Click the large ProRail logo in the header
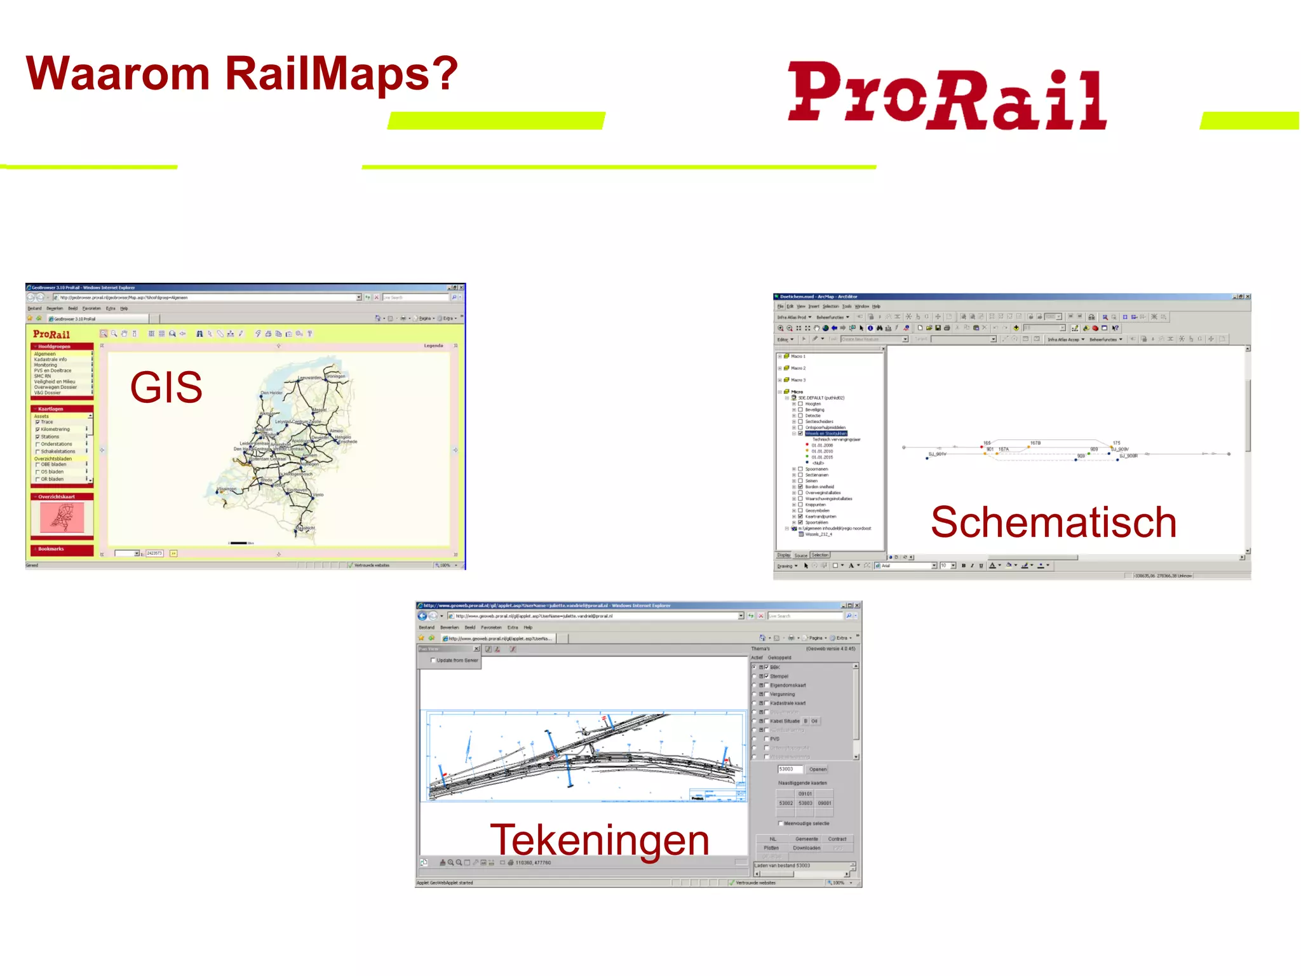point(947,95)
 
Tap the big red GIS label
point(166,387)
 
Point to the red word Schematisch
point(1053,522)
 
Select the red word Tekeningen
point(599,839)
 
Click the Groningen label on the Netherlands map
point(335,376)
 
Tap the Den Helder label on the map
point(272,393)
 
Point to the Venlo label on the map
point(318,494)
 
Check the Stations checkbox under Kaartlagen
point(37,437)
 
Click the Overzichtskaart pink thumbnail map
point(62,517)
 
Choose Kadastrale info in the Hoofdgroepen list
point(50,360)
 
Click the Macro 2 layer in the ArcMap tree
point(798,368)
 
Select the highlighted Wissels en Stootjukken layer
point(826,433)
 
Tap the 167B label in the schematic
point(1035,443)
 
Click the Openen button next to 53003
point(818,769)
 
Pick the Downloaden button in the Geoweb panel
point(806,848)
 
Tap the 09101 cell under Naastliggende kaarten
point(805,794)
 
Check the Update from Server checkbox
point(433,660)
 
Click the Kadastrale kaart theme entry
point(788,703)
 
